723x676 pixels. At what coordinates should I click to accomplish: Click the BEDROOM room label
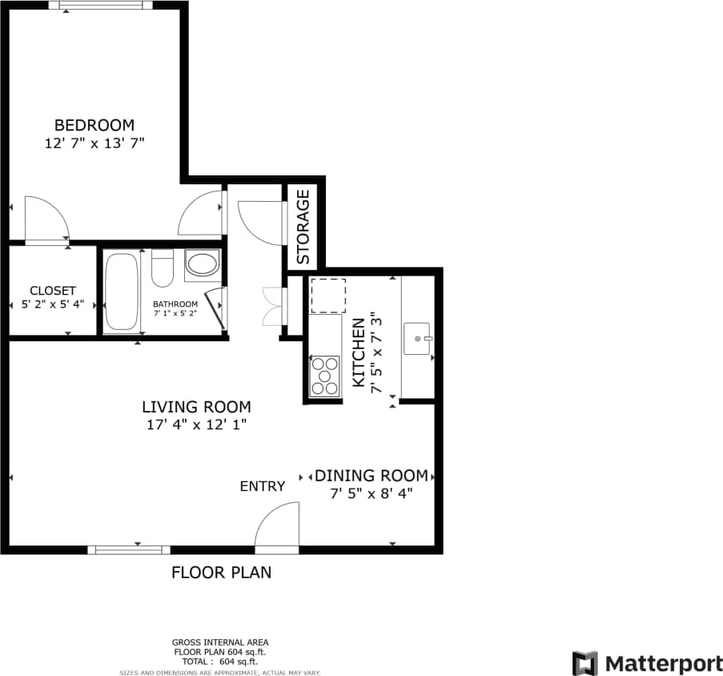(x=94, y=125)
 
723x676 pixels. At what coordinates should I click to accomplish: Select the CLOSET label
(x=52, y=290)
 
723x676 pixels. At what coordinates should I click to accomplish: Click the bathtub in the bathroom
(x=121, y=292)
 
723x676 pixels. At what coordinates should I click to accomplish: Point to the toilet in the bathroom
(x=163, y=268)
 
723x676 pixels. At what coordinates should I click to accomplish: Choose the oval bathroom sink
(x=202, y=264)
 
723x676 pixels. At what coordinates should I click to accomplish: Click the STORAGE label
(x=303, y=227)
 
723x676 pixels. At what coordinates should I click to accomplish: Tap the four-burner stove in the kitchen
(x=324, y=376)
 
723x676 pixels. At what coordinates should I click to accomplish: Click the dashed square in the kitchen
(x=327, y=296)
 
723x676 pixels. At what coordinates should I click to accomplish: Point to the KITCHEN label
(x=359, y=354)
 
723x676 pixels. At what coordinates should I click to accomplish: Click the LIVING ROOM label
(x=196, y=407)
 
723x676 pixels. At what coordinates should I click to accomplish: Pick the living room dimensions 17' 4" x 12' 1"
(x=196, y=425)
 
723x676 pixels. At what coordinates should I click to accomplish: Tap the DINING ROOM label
(x=372, y=475)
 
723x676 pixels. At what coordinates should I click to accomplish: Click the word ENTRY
(x=263, y=486)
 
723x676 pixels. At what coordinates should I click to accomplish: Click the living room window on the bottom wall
(x=129, y=549)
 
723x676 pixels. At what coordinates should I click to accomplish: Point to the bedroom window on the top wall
(x=100, y=6)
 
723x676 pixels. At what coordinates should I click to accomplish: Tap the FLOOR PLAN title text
(x=221, y=573)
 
